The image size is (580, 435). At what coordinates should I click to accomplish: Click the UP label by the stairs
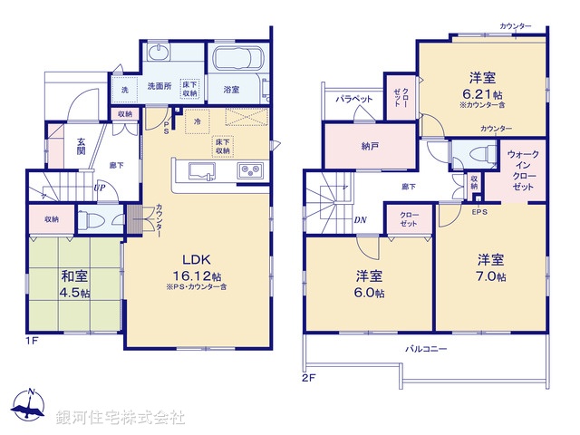(100, 188)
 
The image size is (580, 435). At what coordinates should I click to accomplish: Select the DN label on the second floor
(360, 220)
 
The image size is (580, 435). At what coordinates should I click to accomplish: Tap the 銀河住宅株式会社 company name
(121, 418)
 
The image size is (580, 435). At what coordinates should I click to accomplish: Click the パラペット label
(354, 98)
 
